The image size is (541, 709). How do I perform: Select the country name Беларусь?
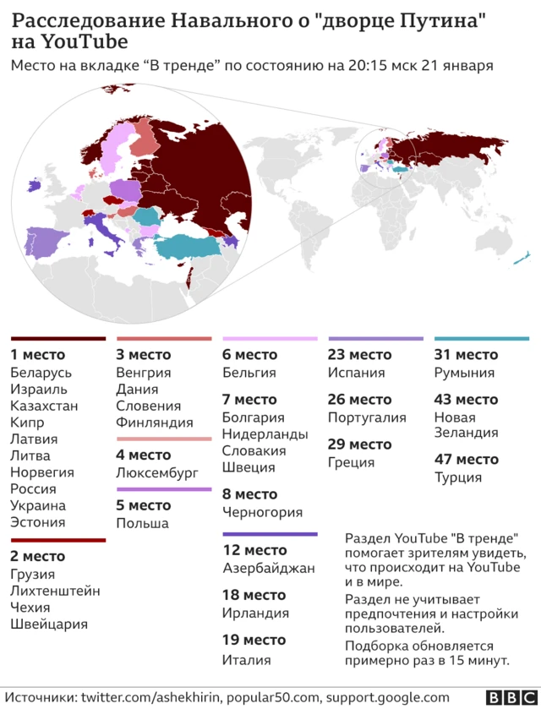tap(41, 373)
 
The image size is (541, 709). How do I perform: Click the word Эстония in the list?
tap(38, 522)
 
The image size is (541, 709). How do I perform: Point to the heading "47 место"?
tap(466, 460)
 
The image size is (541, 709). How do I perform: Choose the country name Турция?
tap(457, 477)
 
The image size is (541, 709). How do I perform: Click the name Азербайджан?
tap(268, 568)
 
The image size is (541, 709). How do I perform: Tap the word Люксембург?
tap(156, 472)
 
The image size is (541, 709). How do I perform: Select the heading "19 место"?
tap(254, 640)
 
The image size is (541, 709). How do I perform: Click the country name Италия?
tap(246, 660)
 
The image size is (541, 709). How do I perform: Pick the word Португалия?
tap(367, 417)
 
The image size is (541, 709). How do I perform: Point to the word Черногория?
tap(262, 512)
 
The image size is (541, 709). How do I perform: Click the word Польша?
tap(142, 523)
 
